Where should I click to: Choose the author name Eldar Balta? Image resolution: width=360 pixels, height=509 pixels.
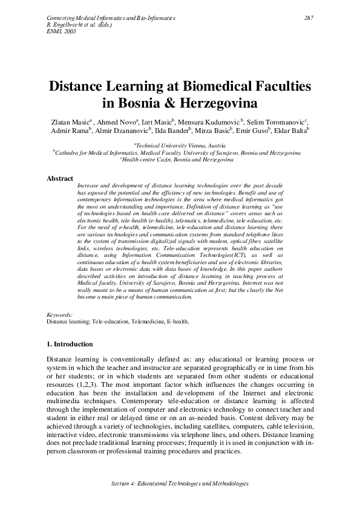(x=293, y=129)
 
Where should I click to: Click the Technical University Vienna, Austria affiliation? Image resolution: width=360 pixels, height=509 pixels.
(x=180, y=146)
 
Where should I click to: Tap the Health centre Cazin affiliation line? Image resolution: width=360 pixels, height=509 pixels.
(x=180, y=160)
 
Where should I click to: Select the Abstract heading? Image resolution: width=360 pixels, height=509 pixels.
(x=60, y=178)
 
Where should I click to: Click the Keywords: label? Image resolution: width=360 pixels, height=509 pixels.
(x=59, y=315)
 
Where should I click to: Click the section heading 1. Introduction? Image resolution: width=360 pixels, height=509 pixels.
(x=70, y=345)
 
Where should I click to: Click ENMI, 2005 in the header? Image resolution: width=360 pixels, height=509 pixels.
(x=59, y=31)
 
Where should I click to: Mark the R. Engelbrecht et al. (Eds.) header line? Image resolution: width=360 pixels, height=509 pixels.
(x=76, y=25)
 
